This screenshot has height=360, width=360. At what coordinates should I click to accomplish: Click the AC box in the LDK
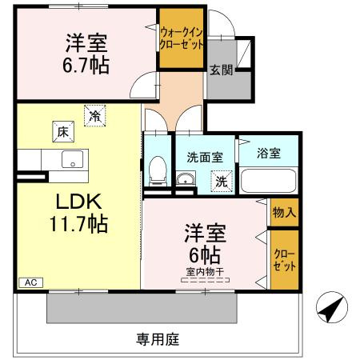click(x=31, y=282)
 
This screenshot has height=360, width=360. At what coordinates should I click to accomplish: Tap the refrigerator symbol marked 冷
click(x=95, y=116)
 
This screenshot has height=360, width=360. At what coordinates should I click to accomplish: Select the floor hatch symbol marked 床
click(x=63, y=132)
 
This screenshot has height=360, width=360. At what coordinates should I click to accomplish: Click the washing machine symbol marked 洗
click(x=222, y=182)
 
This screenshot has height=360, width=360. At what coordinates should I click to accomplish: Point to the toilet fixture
click(x=158, y=171)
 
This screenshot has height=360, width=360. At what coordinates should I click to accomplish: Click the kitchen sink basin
click(x=73, y=159)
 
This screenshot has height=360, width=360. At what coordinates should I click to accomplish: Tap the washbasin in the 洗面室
click(x=186, y=178)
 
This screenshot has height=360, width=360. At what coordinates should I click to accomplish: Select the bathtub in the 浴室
click(x=269, y=181)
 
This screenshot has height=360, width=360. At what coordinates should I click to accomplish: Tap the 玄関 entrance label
click(x=222, y=70)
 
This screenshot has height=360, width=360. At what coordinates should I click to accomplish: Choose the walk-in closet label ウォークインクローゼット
click(x=182, y=38)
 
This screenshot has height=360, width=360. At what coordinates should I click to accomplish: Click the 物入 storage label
click(x=284, y=213)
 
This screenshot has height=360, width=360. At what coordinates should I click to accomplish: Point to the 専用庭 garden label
click(x=158, y=339)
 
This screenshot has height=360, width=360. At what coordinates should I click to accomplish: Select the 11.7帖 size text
click(x=78, y=224)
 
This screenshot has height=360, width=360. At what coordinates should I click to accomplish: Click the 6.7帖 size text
click(x=86, y=65)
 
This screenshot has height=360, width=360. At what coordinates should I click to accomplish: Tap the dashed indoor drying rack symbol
click(x=205, y=280)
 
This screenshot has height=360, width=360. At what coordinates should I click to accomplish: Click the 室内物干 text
click(x=205, y=272)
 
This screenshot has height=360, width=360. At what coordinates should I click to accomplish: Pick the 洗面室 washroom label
click(x=205, y=158)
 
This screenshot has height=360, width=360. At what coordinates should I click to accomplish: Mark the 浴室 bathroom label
click(x=269, y=154)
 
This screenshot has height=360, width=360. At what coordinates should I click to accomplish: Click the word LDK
click(x=78, y=202)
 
